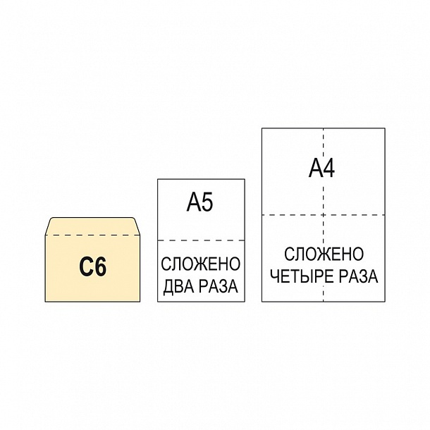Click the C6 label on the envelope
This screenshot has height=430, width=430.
tap(92, 266)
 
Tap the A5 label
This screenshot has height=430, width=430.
tap(199, 202)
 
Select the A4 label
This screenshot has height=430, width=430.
tap(321, 168)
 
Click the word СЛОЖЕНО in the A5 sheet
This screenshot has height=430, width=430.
tap(200, 264)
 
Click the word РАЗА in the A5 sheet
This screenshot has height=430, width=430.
tap(218, 286)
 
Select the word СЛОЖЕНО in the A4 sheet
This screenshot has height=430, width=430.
tap(324, 254)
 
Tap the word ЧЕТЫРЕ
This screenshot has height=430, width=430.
tap(302, 276)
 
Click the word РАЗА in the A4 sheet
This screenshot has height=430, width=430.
tap(358, 276)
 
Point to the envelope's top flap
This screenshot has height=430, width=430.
tap(92, 226)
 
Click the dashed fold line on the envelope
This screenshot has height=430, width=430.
tap(92, 235)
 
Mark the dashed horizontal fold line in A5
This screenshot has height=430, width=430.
tap(201, 240)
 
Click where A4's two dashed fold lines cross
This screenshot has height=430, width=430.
tap(324, 215)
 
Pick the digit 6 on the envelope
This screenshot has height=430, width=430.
tap(100, 266)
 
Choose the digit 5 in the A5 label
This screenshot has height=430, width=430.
tap(207, 202)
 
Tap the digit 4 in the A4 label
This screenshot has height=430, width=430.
tap(328, 168)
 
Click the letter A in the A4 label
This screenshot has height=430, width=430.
tap(315, 168)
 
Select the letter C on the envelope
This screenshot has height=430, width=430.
tap(85, 266)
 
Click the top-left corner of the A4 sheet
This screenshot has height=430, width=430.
tap(262, 128)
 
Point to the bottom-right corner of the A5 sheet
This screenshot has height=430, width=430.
tap(245, 302)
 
